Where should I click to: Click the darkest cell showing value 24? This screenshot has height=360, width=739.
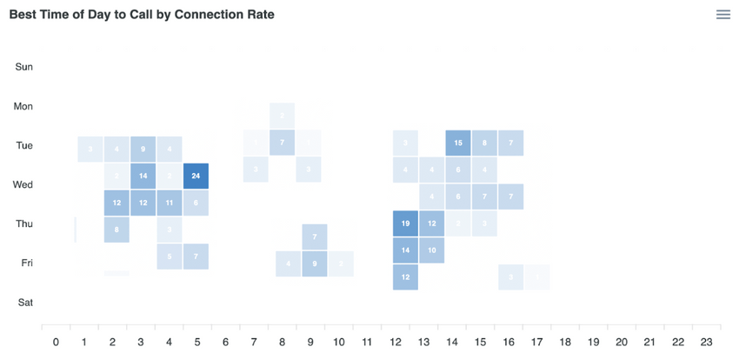click(x=196, y=176)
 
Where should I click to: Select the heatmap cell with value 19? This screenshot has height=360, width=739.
click(x=405, y=223)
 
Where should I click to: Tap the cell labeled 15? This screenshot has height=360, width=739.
click(x=458, y=143)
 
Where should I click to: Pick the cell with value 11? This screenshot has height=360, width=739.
click(x=170, y=203)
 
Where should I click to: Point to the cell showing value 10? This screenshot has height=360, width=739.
click(x=431, y=250)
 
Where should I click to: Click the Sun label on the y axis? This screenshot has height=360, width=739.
click(x=24, y=67)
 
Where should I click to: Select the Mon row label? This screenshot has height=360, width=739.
click(x=23, y=106)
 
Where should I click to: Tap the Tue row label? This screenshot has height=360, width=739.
click(x=24, y=145)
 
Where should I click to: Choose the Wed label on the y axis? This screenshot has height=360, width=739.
click(x=23, y=184)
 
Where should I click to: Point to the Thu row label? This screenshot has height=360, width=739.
click(x=24, y=223)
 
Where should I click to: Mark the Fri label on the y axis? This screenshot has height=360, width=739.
click(x=26, y=263)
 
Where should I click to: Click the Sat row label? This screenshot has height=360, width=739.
click(x=25, y=302)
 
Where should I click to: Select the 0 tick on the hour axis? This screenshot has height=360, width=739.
click(x=56, y=343)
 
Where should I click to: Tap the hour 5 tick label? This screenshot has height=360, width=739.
click(x=197, y=343)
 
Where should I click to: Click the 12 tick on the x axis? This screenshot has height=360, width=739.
click(x=395, y=343)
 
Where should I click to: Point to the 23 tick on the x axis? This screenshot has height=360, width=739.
click(x=706, y=343)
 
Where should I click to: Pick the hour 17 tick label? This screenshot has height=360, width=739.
click(x=536, y=343)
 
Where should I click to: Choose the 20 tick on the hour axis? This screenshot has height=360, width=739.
click(x=621, y=343)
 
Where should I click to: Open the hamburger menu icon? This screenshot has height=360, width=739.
click(x=722, y=15)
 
